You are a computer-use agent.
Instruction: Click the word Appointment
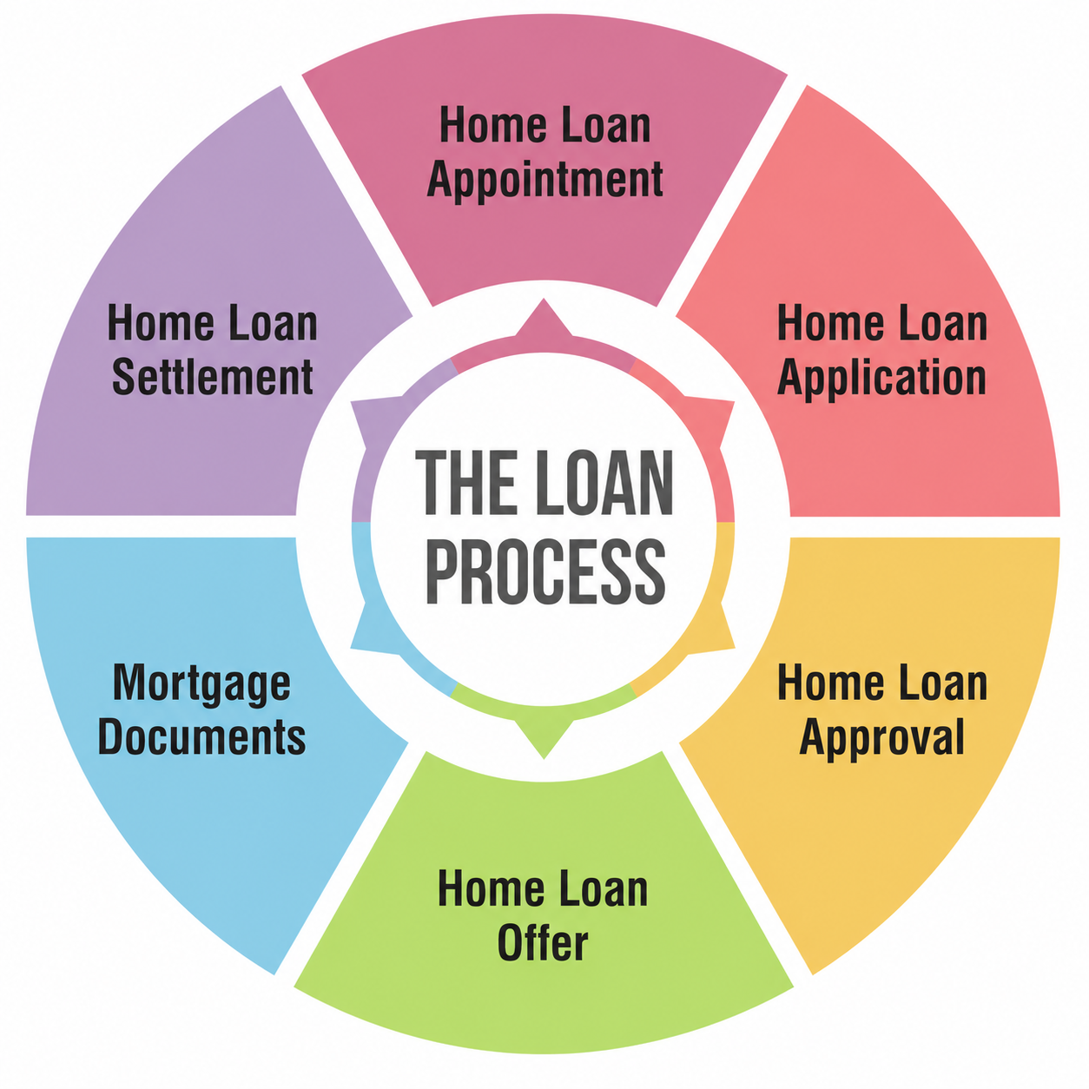(545, 181)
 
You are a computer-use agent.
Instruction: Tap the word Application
(881, 379)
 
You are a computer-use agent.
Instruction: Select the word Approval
(881, 738)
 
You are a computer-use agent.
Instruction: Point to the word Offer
(543, 944)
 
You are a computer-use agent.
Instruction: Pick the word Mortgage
(201, 684)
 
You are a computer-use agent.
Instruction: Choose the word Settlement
(212, 377)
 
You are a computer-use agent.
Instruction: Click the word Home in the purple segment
(160, 324)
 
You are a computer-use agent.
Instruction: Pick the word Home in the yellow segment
(826, 683)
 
